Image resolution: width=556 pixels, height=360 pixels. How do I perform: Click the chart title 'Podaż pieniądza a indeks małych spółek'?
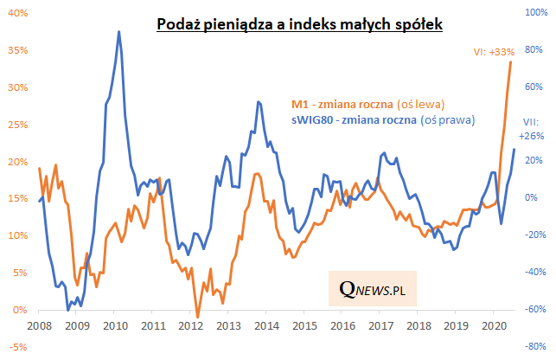coord(300,25)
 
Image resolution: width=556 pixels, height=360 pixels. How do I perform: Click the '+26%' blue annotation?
coord(529,136)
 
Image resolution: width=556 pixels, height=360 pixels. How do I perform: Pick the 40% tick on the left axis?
coord(18,14)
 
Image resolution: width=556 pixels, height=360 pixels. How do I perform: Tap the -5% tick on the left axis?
coord(18,347)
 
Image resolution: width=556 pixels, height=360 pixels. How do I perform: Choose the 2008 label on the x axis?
coord(37,326)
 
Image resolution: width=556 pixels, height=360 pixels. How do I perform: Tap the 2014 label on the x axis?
coord(265,326)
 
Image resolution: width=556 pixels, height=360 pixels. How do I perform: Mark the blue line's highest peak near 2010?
coord(118,32)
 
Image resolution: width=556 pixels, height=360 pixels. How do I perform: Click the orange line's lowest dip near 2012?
coord(197,318)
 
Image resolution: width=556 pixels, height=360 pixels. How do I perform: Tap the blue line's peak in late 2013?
coord(258,102)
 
